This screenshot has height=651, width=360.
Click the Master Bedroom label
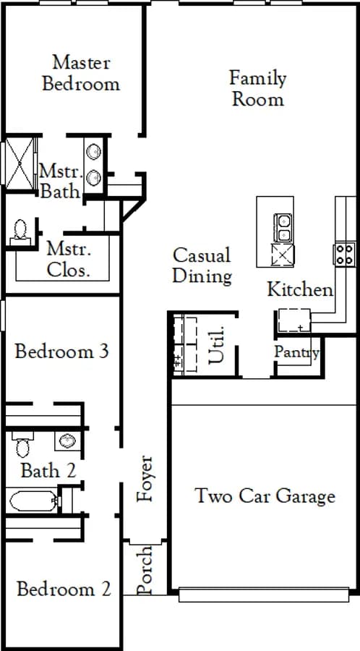click(x=81, y=73)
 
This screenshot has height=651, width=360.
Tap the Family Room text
click(x=258, y=88)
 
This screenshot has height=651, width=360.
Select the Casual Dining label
click(x=202, y=265)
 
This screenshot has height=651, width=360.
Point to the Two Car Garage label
click(x=265, y=495)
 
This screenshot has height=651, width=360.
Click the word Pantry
click(x=297, y=352)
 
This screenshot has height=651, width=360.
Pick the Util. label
click(x=216, y=344)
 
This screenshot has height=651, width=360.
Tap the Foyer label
click(x=145, y=478)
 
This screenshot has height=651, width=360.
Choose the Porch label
click(x=145, y=570)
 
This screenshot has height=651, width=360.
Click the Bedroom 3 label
click(x=61, y=352)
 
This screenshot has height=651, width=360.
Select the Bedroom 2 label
click(x=64, y=589)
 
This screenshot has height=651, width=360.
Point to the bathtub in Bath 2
click(x=33, y=501)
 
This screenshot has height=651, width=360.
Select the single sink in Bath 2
click(x=67, y=441)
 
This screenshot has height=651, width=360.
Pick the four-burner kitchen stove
click(x=344, y=254)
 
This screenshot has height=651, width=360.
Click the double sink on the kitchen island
click(x=283, y=228)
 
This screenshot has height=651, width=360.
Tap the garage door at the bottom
click(x=264, y=595)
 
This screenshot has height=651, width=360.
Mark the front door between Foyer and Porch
click(x=145, y=541)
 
